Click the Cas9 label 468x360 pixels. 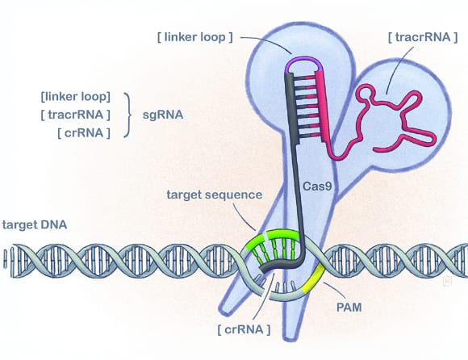(x=316, y=186)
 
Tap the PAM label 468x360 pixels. (x=349, y=307)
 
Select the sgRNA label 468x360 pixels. (x=161, y=115)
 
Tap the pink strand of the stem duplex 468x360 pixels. (x=328, y=113)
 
